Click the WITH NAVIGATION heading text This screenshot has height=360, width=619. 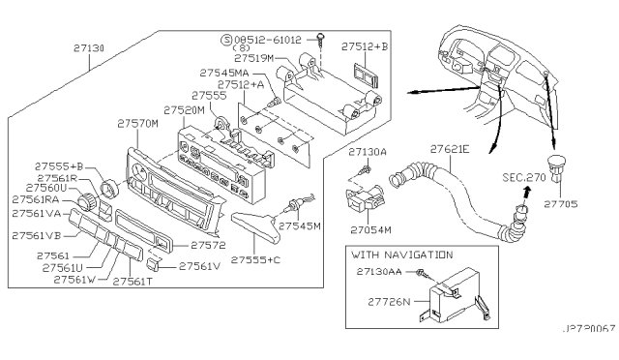tap(401, 255)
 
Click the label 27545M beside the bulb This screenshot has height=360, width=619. tap(300, 225)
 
